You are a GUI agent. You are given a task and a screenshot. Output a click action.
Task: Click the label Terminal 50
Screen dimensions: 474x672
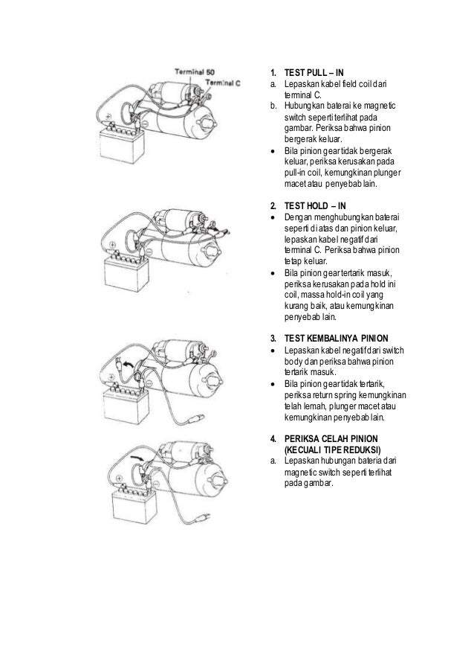click(195, 71)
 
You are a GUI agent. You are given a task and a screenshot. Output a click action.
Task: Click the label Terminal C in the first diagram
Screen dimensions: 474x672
click(223, 83)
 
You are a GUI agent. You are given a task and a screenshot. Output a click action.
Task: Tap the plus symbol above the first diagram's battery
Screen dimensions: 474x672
click(108, 116)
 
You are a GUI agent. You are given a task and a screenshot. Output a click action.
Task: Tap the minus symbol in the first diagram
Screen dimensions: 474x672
click(145, 124)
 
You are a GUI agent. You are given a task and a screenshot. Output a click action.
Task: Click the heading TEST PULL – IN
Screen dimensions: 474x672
click(314, 72)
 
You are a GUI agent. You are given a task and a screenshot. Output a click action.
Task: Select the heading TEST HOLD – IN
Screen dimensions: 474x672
click(315, 205)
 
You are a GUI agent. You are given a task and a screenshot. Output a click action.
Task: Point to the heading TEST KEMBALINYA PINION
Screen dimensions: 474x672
click(337, 339)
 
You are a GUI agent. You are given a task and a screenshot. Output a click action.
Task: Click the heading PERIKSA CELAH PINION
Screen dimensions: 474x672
click(331, 439)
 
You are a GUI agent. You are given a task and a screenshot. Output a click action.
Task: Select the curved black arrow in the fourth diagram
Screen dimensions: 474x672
click(137, 458)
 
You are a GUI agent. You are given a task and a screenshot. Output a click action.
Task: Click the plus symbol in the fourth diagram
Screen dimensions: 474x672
click(119, 479)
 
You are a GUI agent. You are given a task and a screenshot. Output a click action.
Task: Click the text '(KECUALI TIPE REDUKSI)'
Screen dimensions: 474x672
click(332, 450)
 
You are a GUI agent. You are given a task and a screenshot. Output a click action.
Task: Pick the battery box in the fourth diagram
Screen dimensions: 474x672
click(134, 506)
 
